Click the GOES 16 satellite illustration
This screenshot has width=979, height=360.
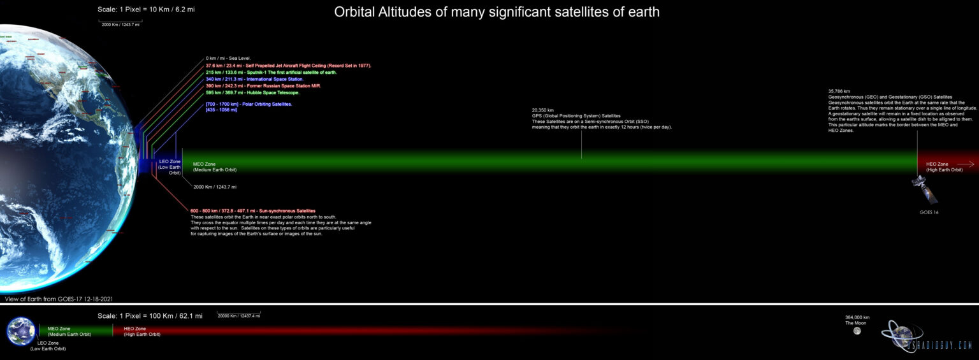(x=924, y=190)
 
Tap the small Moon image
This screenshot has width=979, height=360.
(x=857, y=331)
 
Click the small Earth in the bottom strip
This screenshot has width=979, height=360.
(x=21, y=331)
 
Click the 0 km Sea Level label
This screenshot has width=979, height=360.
(x=228, y=59)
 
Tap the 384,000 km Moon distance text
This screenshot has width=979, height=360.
(x=857, y=317)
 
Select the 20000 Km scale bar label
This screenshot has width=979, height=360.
(x=238, y=316)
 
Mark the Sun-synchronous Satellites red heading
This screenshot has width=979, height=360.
(x=252, y=211)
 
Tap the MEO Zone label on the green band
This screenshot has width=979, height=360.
(x=204, y=164)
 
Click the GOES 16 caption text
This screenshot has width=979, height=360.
(x=929, y=212)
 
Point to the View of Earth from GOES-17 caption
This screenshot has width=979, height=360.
(x=59, y=298)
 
